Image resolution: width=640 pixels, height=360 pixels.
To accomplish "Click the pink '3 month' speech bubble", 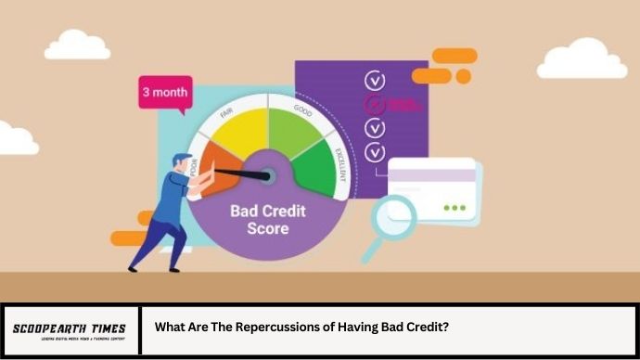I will (x=165, y=93).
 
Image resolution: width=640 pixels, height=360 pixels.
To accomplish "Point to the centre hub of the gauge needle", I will (x=267, y=174).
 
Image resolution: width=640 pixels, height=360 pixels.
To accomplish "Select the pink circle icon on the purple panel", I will (x=376, y=105).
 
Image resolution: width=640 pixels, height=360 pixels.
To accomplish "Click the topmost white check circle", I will (x=376, y=80).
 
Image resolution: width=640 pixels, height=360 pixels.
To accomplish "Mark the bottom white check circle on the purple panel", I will (x=376, y=151).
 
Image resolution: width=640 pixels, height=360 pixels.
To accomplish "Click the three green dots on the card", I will (x=454, y=207).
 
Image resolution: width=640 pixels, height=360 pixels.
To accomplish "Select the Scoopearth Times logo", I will (x=70, y=330).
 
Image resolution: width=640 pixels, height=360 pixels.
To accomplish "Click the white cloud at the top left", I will (x=77, y=44).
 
